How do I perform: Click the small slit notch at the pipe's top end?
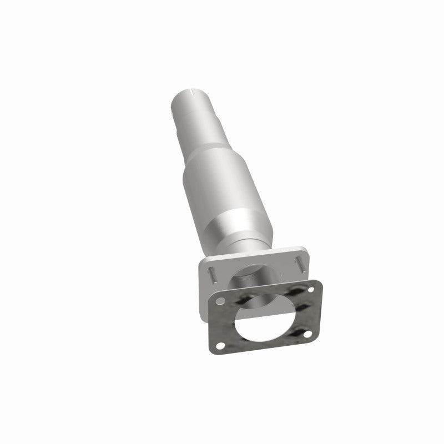(193, 90)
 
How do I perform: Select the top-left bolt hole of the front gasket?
(221, 301)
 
